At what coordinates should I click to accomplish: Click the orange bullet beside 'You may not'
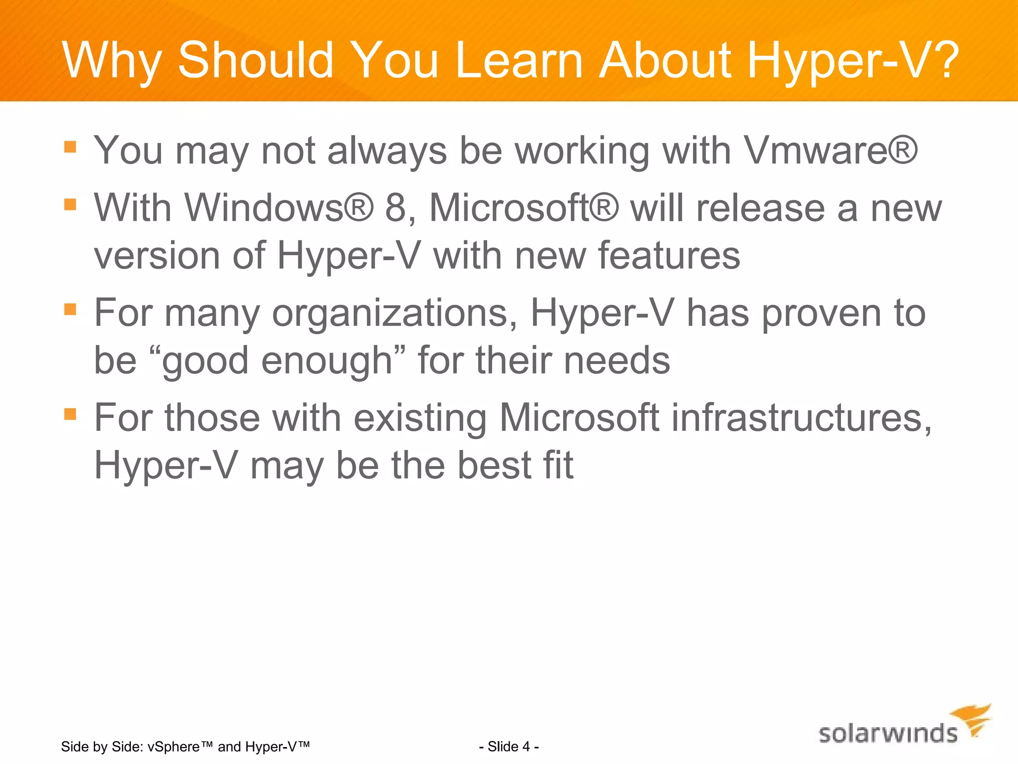click(70, 147)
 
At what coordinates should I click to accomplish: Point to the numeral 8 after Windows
click(396, 208)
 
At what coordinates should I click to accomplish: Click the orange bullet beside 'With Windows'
click(70, 204)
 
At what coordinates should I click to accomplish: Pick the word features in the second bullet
click(669, 256)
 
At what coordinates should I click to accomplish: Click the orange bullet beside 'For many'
click(70, 309)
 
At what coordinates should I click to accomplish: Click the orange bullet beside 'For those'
click(70, 414)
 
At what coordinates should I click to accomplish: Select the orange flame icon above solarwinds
click(973, 719)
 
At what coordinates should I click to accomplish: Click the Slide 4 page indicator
click(509, 747)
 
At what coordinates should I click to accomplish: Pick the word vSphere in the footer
click(173, 747)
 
